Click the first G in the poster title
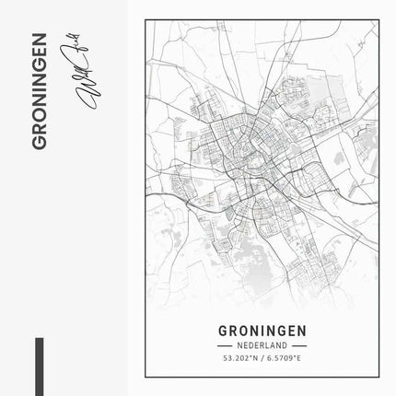225,330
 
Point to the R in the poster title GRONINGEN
233,330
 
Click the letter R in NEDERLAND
258,344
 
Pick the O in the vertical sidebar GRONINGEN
39,126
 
